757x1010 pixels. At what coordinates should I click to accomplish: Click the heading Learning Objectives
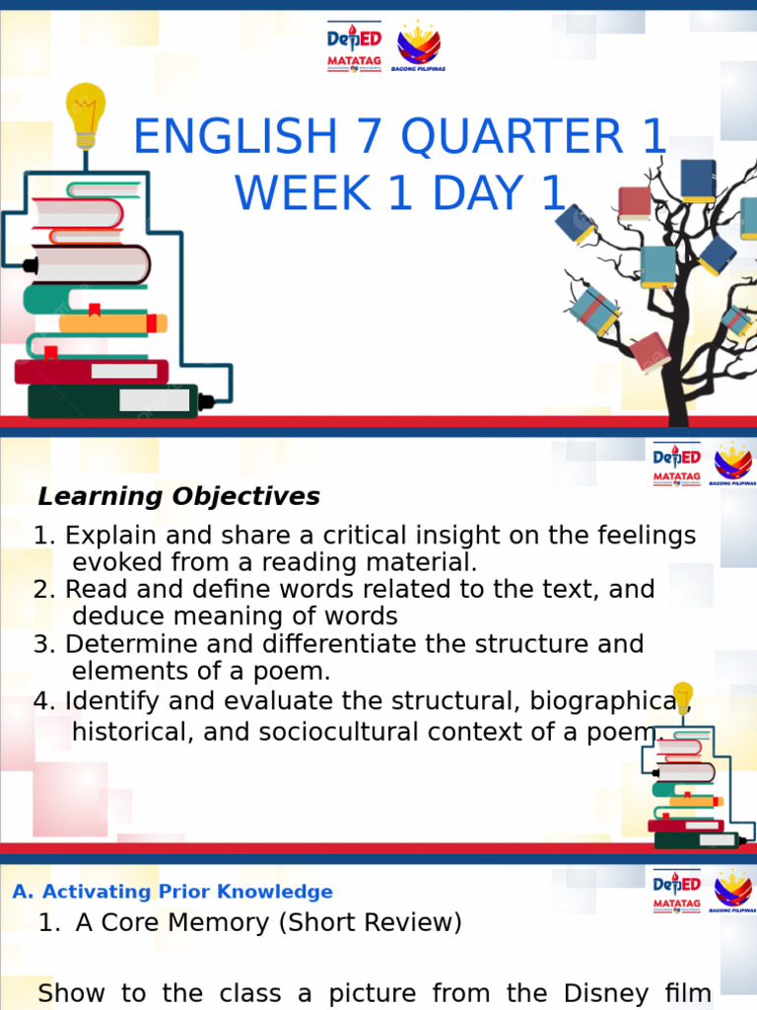click(x=178, y=496)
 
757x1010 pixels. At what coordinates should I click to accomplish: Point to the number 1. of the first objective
click(x=45, y=537)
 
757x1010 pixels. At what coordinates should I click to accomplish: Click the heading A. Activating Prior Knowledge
click(x=172, y=892)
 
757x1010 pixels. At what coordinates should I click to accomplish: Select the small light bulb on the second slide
click(x=682, y=697)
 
